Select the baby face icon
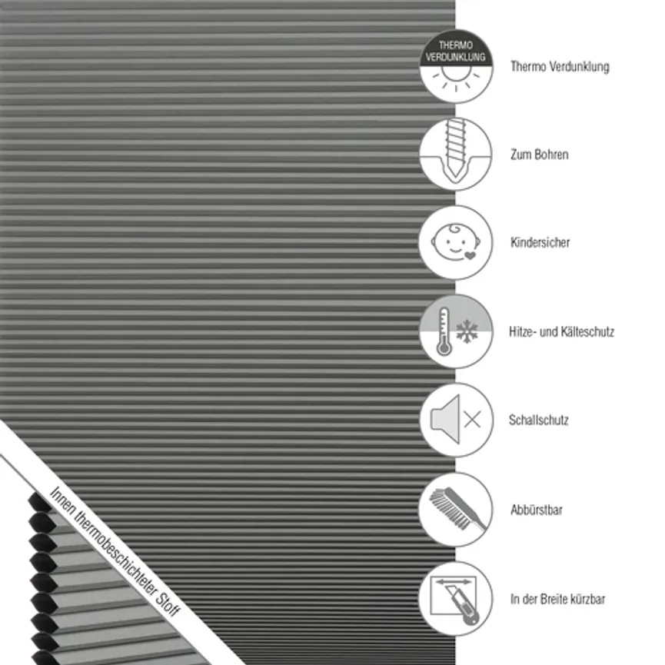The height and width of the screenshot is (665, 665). point(455,241)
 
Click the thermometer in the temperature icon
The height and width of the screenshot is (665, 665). point(444,331)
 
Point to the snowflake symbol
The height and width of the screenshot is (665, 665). point(467,331)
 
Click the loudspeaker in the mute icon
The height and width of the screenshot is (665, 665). point(445,420)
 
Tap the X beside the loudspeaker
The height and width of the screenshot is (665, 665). point(473,420)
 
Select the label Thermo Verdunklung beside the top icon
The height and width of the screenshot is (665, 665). point(560,67)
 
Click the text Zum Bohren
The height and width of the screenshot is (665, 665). point(540,155)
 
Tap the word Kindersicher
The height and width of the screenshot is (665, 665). point(540,243)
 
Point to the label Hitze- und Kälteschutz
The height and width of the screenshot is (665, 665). point(561,331)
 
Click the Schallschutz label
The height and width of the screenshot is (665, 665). point(539,420)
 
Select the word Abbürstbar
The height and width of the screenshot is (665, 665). point(537,510)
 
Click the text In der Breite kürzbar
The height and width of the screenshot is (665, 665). point(557,599)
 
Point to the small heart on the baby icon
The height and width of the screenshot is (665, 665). point(470,255)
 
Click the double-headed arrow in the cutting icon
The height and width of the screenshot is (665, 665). point(454,582)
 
